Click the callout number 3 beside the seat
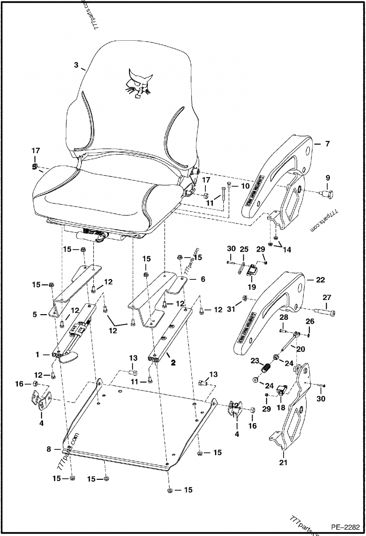click(76, 65)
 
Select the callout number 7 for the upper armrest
click(327, 144)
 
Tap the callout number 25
click(244, 249)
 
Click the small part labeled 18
click(281, 390)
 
